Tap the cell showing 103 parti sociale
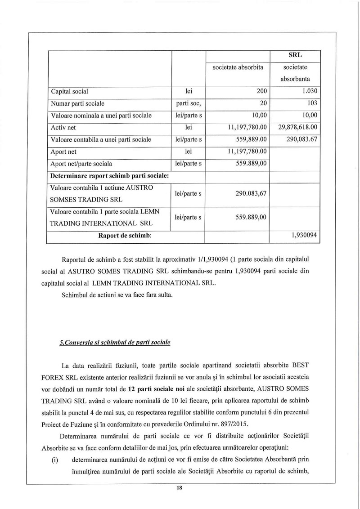[312, 103]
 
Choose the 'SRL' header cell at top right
[294, 55]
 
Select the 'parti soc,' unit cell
[189, 103]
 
